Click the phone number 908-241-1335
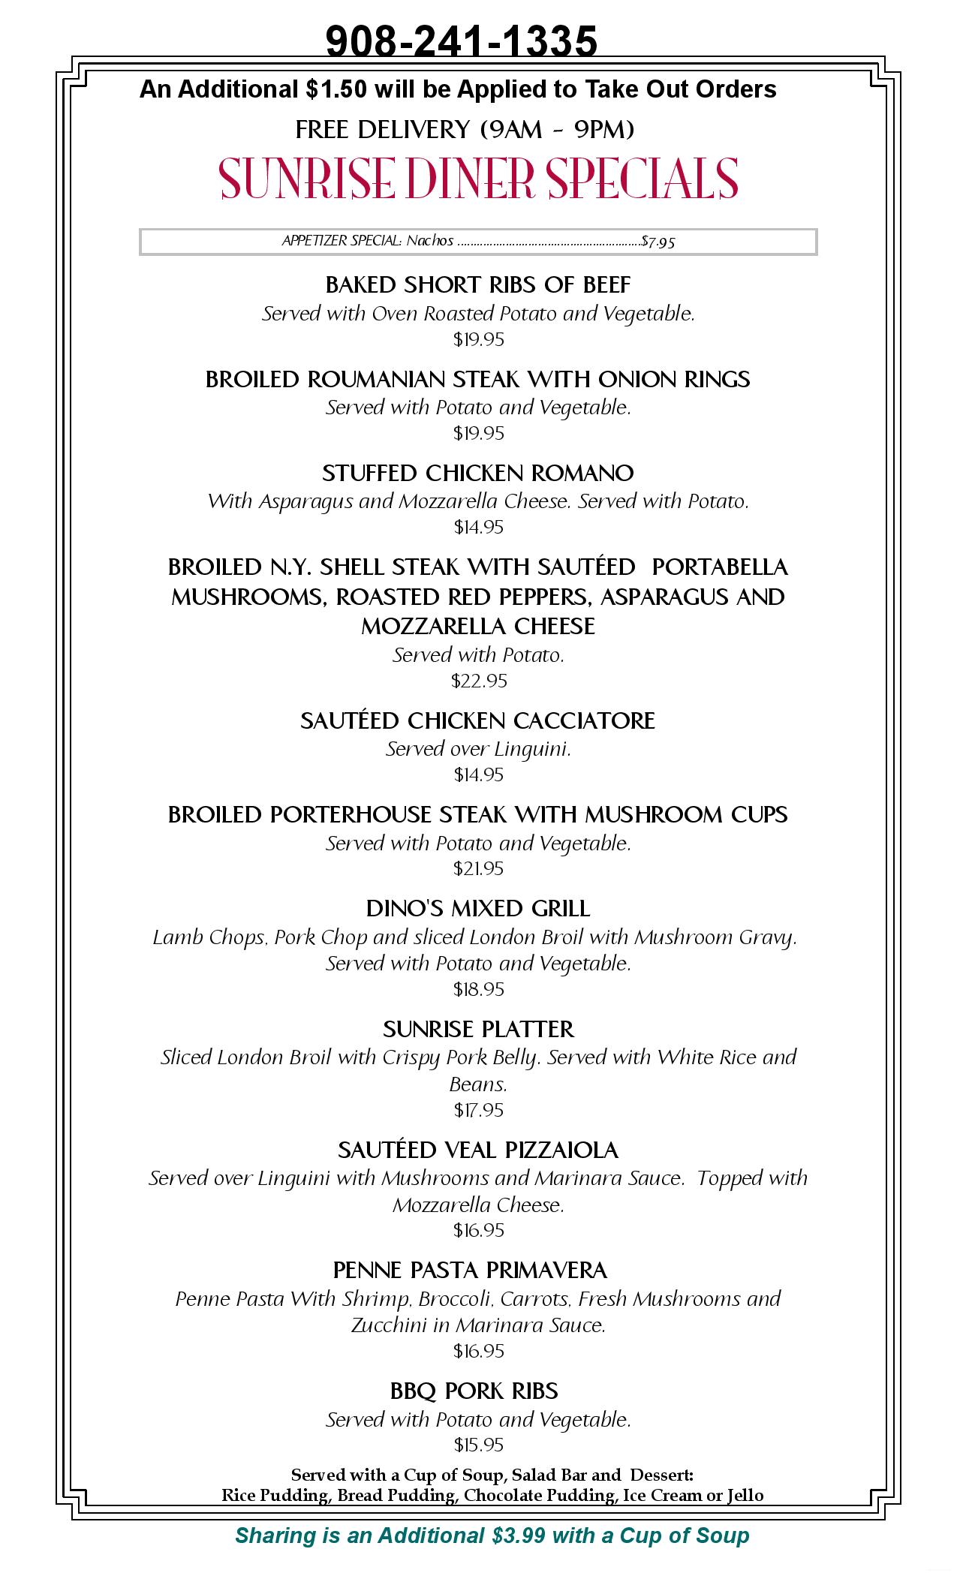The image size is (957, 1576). [x=462, y=41]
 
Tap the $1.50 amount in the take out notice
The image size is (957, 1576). [x=336, y=89]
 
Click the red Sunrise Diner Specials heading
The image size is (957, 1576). [x=479, y=179]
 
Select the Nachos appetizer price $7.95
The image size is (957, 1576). [x=658, y=242]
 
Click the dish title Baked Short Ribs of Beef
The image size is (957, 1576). [x=478, y=285]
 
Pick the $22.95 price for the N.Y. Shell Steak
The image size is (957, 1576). [x=479, y=681]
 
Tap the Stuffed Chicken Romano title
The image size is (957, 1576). [x=478, y=474]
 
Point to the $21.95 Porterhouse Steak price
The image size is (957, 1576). [x=479, y=868]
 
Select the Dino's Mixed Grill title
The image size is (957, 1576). [x=478, y=909]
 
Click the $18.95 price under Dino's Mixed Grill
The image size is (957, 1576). [x=479, y=989]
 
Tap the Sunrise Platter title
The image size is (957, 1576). [x=478, y=1029]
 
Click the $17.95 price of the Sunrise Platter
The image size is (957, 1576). [x=479, y=1109]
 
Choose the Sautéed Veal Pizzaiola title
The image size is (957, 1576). [x=478, y=1150]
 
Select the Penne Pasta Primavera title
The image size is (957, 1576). [x=471, y=1271]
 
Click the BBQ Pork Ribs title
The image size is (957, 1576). [x=474, y=1391]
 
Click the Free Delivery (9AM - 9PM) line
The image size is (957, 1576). [x=465, y=130]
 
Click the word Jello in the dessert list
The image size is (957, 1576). [x=745, y=1495]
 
